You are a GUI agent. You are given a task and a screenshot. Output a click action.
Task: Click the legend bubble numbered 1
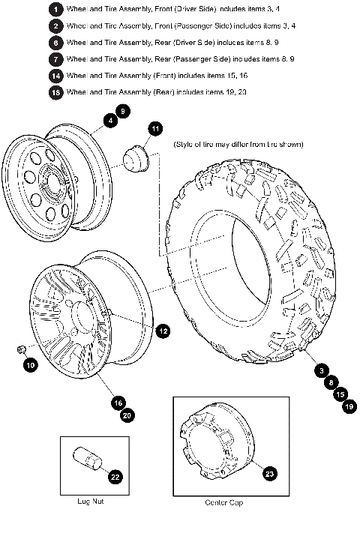click(x=55, y=9)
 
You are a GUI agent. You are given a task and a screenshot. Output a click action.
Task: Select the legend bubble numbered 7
click(x=55, y=58)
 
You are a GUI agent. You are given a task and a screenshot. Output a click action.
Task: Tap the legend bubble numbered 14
click(x=55, y=76)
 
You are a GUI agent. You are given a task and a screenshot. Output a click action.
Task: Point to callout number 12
click(x=162, y=330)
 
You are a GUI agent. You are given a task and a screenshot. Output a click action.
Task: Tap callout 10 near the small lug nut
click(x=30, y=365)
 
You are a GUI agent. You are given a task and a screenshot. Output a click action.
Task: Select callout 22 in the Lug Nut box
click(x=114, y=476)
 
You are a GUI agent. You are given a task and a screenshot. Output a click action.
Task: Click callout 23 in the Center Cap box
click(x=269, y=473)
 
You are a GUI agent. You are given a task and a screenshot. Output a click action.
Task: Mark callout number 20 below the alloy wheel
click(x=127, y=415)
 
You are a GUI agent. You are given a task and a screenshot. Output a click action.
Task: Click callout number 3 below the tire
click(x=321, y=370)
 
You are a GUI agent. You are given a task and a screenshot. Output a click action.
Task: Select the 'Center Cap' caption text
click(x=223, y=502)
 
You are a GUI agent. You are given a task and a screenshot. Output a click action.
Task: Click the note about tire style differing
click(x=238, y=144)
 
